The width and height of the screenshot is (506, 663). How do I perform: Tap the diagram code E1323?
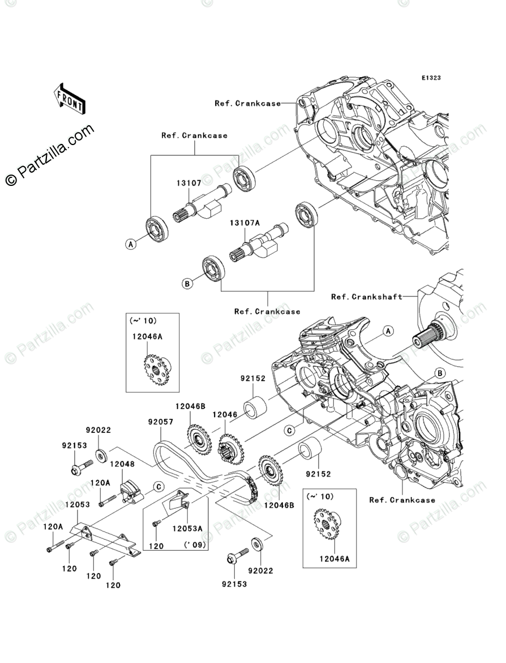[430, 78]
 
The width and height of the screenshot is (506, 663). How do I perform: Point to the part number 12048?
[122, 464]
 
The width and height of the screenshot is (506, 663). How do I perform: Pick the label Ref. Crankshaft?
[367, 296]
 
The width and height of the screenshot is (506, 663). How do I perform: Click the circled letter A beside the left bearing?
[131, 244]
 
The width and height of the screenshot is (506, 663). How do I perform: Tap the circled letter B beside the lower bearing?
[187, 283]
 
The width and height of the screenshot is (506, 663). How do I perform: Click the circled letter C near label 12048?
[158, 486]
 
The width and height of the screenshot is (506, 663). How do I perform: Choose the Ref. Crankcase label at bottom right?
[402, 500]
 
